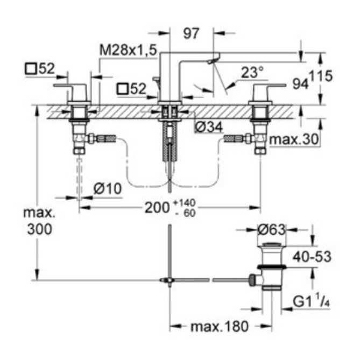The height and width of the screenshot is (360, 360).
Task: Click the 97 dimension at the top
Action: point(191,33)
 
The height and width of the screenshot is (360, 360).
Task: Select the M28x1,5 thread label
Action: point(128,50)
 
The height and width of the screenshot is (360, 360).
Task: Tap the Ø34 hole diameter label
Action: point(208,127)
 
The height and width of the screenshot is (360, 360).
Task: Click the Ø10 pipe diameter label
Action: point(108,189)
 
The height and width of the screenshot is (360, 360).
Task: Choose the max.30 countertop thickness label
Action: point(294,139)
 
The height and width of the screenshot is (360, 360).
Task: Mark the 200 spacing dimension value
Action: point(157,208)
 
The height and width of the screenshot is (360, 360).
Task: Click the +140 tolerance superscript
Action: point(184,203)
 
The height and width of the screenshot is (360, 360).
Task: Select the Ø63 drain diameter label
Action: point(272,229)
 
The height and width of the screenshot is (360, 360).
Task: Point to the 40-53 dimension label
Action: point(312,257)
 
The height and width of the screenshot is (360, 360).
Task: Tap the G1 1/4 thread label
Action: point(312,301)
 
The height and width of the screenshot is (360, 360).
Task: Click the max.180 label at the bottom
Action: point(220,326)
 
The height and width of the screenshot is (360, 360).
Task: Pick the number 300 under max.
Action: point(40,229)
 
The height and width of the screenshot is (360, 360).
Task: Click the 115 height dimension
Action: point(321,76)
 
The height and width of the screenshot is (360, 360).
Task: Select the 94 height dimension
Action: point(300,84)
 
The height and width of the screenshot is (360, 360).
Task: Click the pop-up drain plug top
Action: point(272,244)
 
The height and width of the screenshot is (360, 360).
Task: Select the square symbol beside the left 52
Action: point(31,69)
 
